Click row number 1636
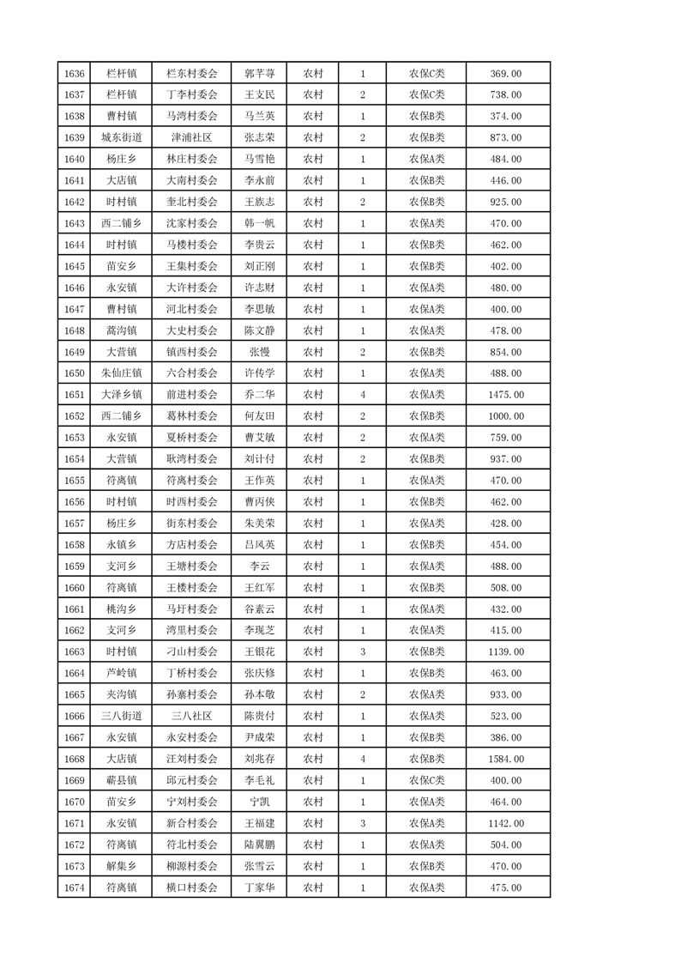[x=74, y=74]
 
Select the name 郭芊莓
[x=259, y=74]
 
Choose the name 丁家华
[x=259, y=887]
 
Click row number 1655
[x=74, y=481]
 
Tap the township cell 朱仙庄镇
[x=122, y=373]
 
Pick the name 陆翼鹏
[x=259, y=845]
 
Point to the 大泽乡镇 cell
[x=122, y=395]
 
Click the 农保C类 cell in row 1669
[x=426, y=780]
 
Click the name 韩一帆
[x=259, y=223]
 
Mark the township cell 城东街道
[x=122, y=137]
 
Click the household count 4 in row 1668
[x=363, y=759]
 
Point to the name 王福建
[x=259, y=823]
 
